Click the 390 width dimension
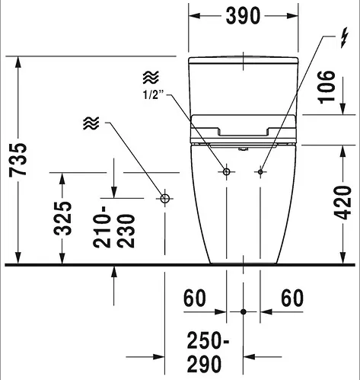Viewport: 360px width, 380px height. coord(243,16)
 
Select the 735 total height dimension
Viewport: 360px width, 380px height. coord(18,160)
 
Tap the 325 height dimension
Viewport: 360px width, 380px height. coord(62,219)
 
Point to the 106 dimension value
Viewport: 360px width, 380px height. coord(327,87)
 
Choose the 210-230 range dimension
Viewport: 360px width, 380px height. coord(113,227)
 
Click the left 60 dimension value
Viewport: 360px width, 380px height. coord(195,298)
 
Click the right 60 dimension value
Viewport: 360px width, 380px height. coord(292,298)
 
